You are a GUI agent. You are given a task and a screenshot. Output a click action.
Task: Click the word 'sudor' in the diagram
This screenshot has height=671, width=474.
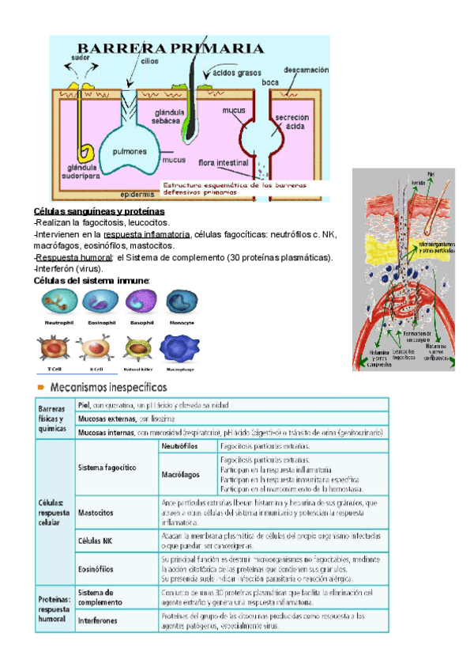(x=80, y=57)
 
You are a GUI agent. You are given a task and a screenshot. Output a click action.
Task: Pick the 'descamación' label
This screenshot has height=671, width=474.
(x=305, y=70)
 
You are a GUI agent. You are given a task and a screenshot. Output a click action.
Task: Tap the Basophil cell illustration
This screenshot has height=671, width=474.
(x=141, y=302)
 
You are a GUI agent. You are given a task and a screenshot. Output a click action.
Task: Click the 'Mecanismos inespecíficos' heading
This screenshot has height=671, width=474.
(x=109, y=388)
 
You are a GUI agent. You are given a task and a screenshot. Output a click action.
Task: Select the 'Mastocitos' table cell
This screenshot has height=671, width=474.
(x=96, y=512)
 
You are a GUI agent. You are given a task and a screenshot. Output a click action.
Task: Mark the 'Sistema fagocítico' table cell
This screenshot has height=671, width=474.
(x=107, y=468)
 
